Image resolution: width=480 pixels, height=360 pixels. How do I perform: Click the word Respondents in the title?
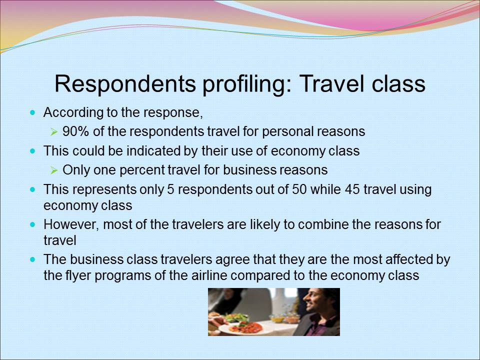(x=125, y=83)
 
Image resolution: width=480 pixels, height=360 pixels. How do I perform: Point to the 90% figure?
(x=76, y=131)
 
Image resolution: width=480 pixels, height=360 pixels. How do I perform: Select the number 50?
(x=298, y=189)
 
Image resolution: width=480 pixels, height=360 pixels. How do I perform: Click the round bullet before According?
(x=33, y=112)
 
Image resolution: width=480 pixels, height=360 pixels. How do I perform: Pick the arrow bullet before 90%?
(x=54, y=132)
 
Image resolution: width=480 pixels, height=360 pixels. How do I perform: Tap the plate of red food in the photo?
(x=243, y=327)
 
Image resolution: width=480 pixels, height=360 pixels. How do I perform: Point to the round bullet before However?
(x=33, y=224)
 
